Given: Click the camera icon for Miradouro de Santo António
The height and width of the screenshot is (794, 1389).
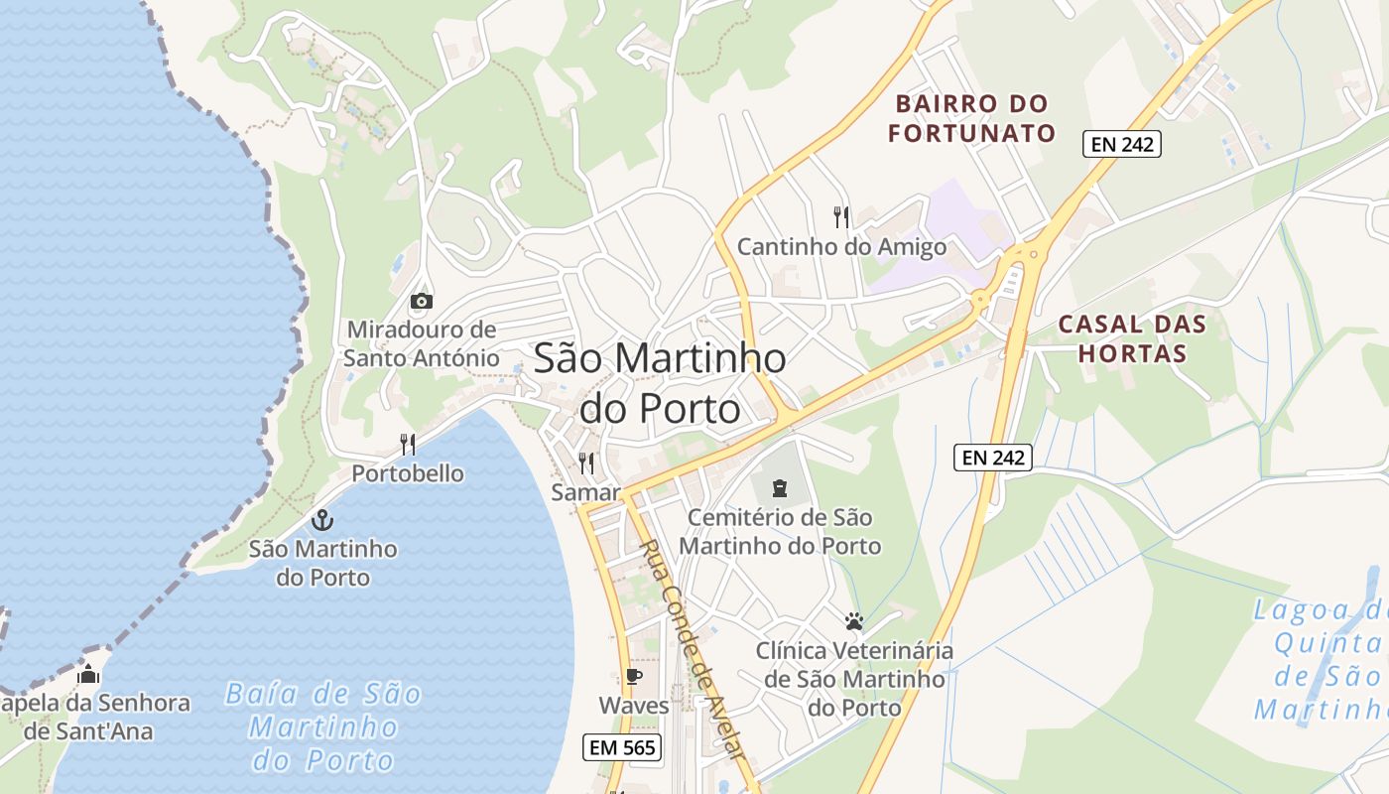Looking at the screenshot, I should pyautogui.click(x=421, y=301).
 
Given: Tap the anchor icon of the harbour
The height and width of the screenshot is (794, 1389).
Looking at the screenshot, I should pyautogui.click(x=321, y=519).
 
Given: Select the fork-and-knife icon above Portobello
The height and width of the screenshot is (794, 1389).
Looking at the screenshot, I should pyautogui.click(x=408, y=444).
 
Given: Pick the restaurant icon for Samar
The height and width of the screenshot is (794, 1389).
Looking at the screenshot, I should pyautogui.click(x=586, y=463).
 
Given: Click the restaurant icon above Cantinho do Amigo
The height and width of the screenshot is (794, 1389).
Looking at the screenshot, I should pyautogui.click(x=841, y=216).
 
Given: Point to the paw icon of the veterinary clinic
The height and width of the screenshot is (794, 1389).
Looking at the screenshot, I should pyautogui.click(x=854, y=622).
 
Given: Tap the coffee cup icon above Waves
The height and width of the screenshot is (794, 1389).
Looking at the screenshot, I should pyautogui.click(x=633, y=677).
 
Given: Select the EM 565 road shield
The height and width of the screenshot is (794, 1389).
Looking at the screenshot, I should pyautogui.click(x=622, y=747).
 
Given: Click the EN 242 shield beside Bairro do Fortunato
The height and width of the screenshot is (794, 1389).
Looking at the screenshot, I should pyautogui.click(x=1121, y=144).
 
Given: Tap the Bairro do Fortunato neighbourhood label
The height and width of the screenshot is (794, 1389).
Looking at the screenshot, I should pyautogui.click(x=971, y=118).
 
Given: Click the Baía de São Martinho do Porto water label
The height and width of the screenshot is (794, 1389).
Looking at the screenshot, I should pyautogui.click(x=323, y=727).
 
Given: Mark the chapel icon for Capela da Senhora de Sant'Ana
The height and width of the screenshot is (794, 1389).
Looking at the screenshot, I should pyautogui.click(x=88, y=675).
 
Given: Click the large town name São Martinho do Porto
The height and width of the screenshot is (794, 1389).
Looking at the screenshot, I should pyautogui.click(x=660, y=382).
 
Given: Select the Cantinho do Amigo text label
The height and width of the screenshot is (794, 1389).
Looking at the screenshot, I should pyautogui.click(x=841, y=246).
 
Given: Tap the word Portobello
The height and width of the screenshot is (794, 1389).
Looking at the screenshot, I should pyautogui.click(x=408, y=473).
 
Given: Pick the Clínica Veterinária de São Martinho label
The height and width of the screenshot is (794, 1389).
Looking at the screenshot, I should pyautogui.click(x=854, y=679).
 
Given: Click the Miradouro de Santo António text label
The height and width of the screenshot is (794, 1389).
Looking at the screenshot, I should pyautogui.click(x=422, y=343).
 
